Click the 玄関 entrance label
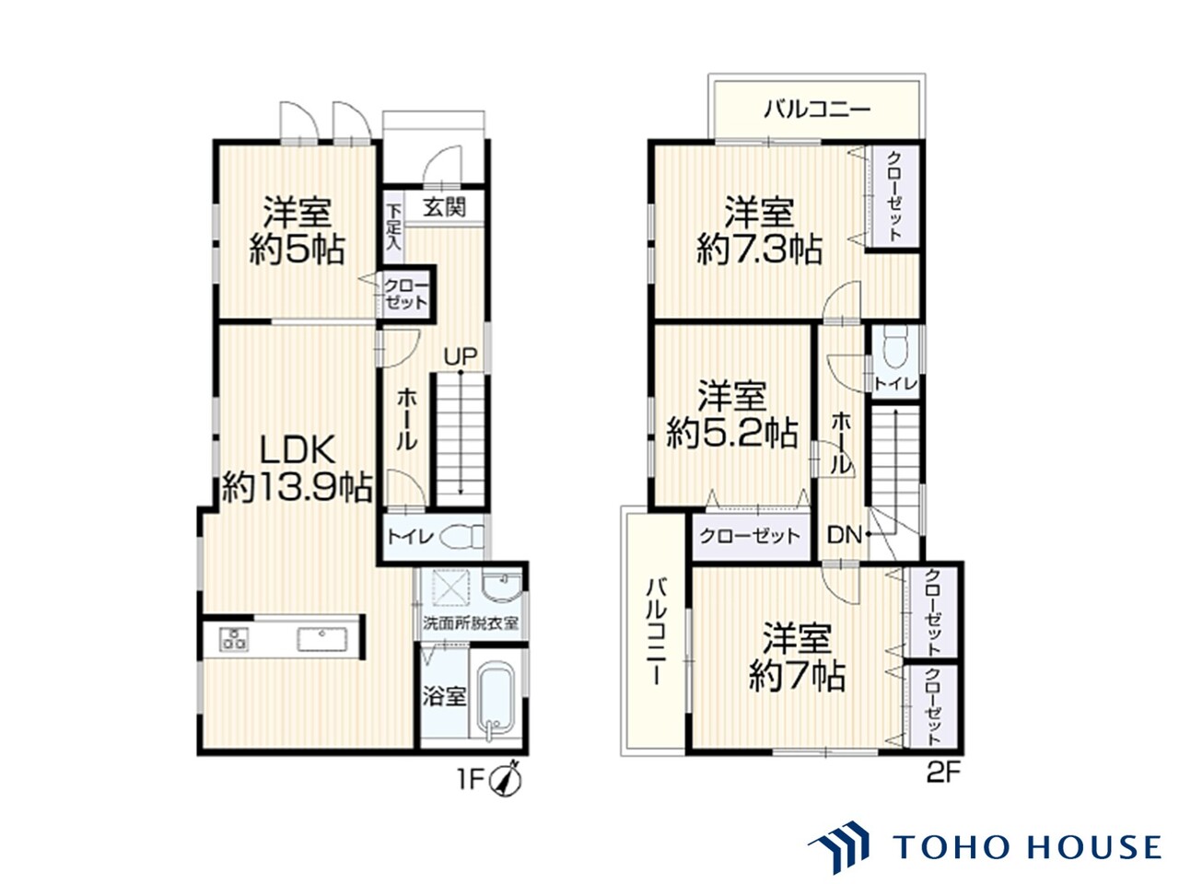point(444,206)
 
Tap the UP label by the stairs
point(461,355)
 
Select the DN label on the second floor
point(845,535)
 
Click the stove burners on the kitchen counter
point(235,639)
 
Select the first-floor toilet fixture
point(462,536)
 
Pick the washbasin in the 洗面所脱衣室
point(502,586)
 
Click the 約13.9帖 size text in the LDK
point(297,487)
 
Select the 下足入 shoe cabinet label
point(393,227)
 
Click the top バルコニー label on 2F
point(817,110)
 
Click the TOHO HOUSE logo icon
point(838,846)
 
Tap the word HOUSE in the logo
point(1094,847)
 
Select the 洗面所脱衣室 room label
point(471,623)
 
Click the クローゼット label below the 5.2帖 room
point(750,536)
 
